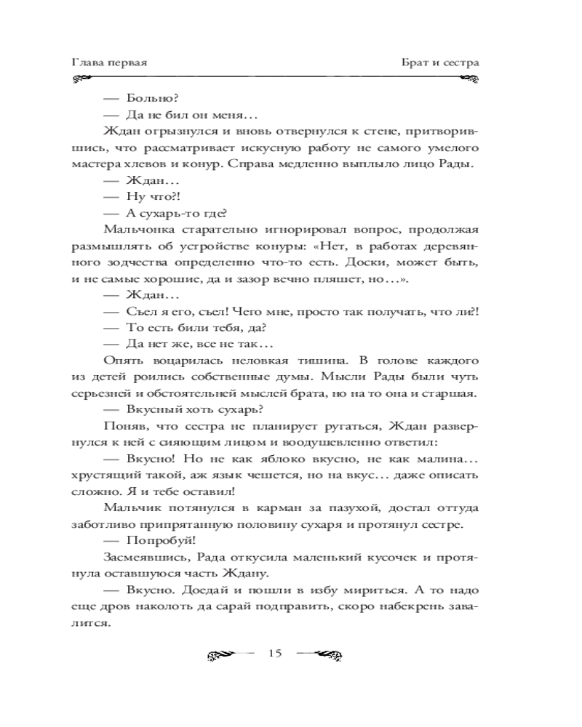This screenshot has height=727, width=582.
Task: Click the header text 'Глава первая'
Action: pos(110,63)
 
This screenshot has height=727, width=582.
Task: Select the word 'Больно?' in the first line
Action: pos(148,98)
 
